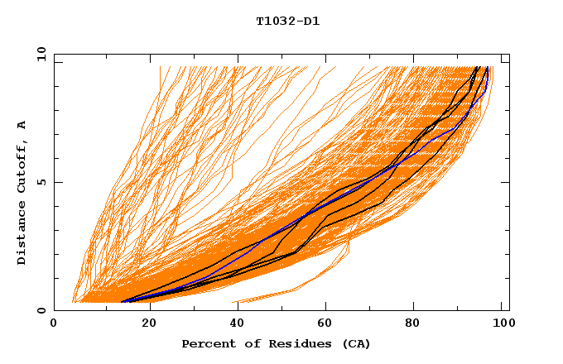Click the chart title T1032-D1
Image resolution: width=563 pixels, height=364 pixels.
(287, 21)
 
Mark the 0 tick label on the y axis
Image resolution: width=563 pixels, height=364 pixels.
(41, 310)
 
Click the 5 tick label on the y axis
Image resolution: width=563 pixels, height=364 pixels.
(41, 182)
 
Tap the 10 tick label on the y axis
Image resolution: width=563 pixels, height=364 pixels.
(38, 54)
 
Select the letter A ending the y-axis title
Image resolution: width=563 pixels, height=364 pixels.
(22, 124)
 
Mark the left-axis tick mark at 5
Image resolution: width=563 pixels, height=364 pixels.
(57, 182)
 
